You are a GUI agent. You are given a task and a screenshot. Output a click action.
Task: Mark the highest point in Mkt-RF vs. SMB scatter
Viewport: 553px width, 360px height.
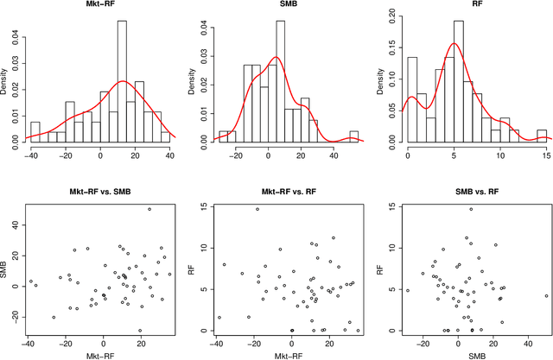pyautogui.click(x=149, y=210)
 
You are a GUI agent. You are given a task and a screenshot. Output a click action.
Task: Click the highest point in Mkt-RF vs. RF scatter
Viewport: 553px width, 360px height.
pyautogui.click(x=257, y=210)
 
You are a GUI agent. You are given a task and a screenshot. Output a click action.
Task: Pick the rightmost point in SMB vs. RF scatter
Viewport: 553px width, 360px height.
pyautogui.click(x=546, y=296)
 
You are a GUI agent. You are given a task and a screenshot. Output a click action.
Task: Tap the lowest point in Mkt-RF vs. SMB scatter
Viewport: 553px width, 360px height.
pyautogui.click(x=140, y=330)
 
